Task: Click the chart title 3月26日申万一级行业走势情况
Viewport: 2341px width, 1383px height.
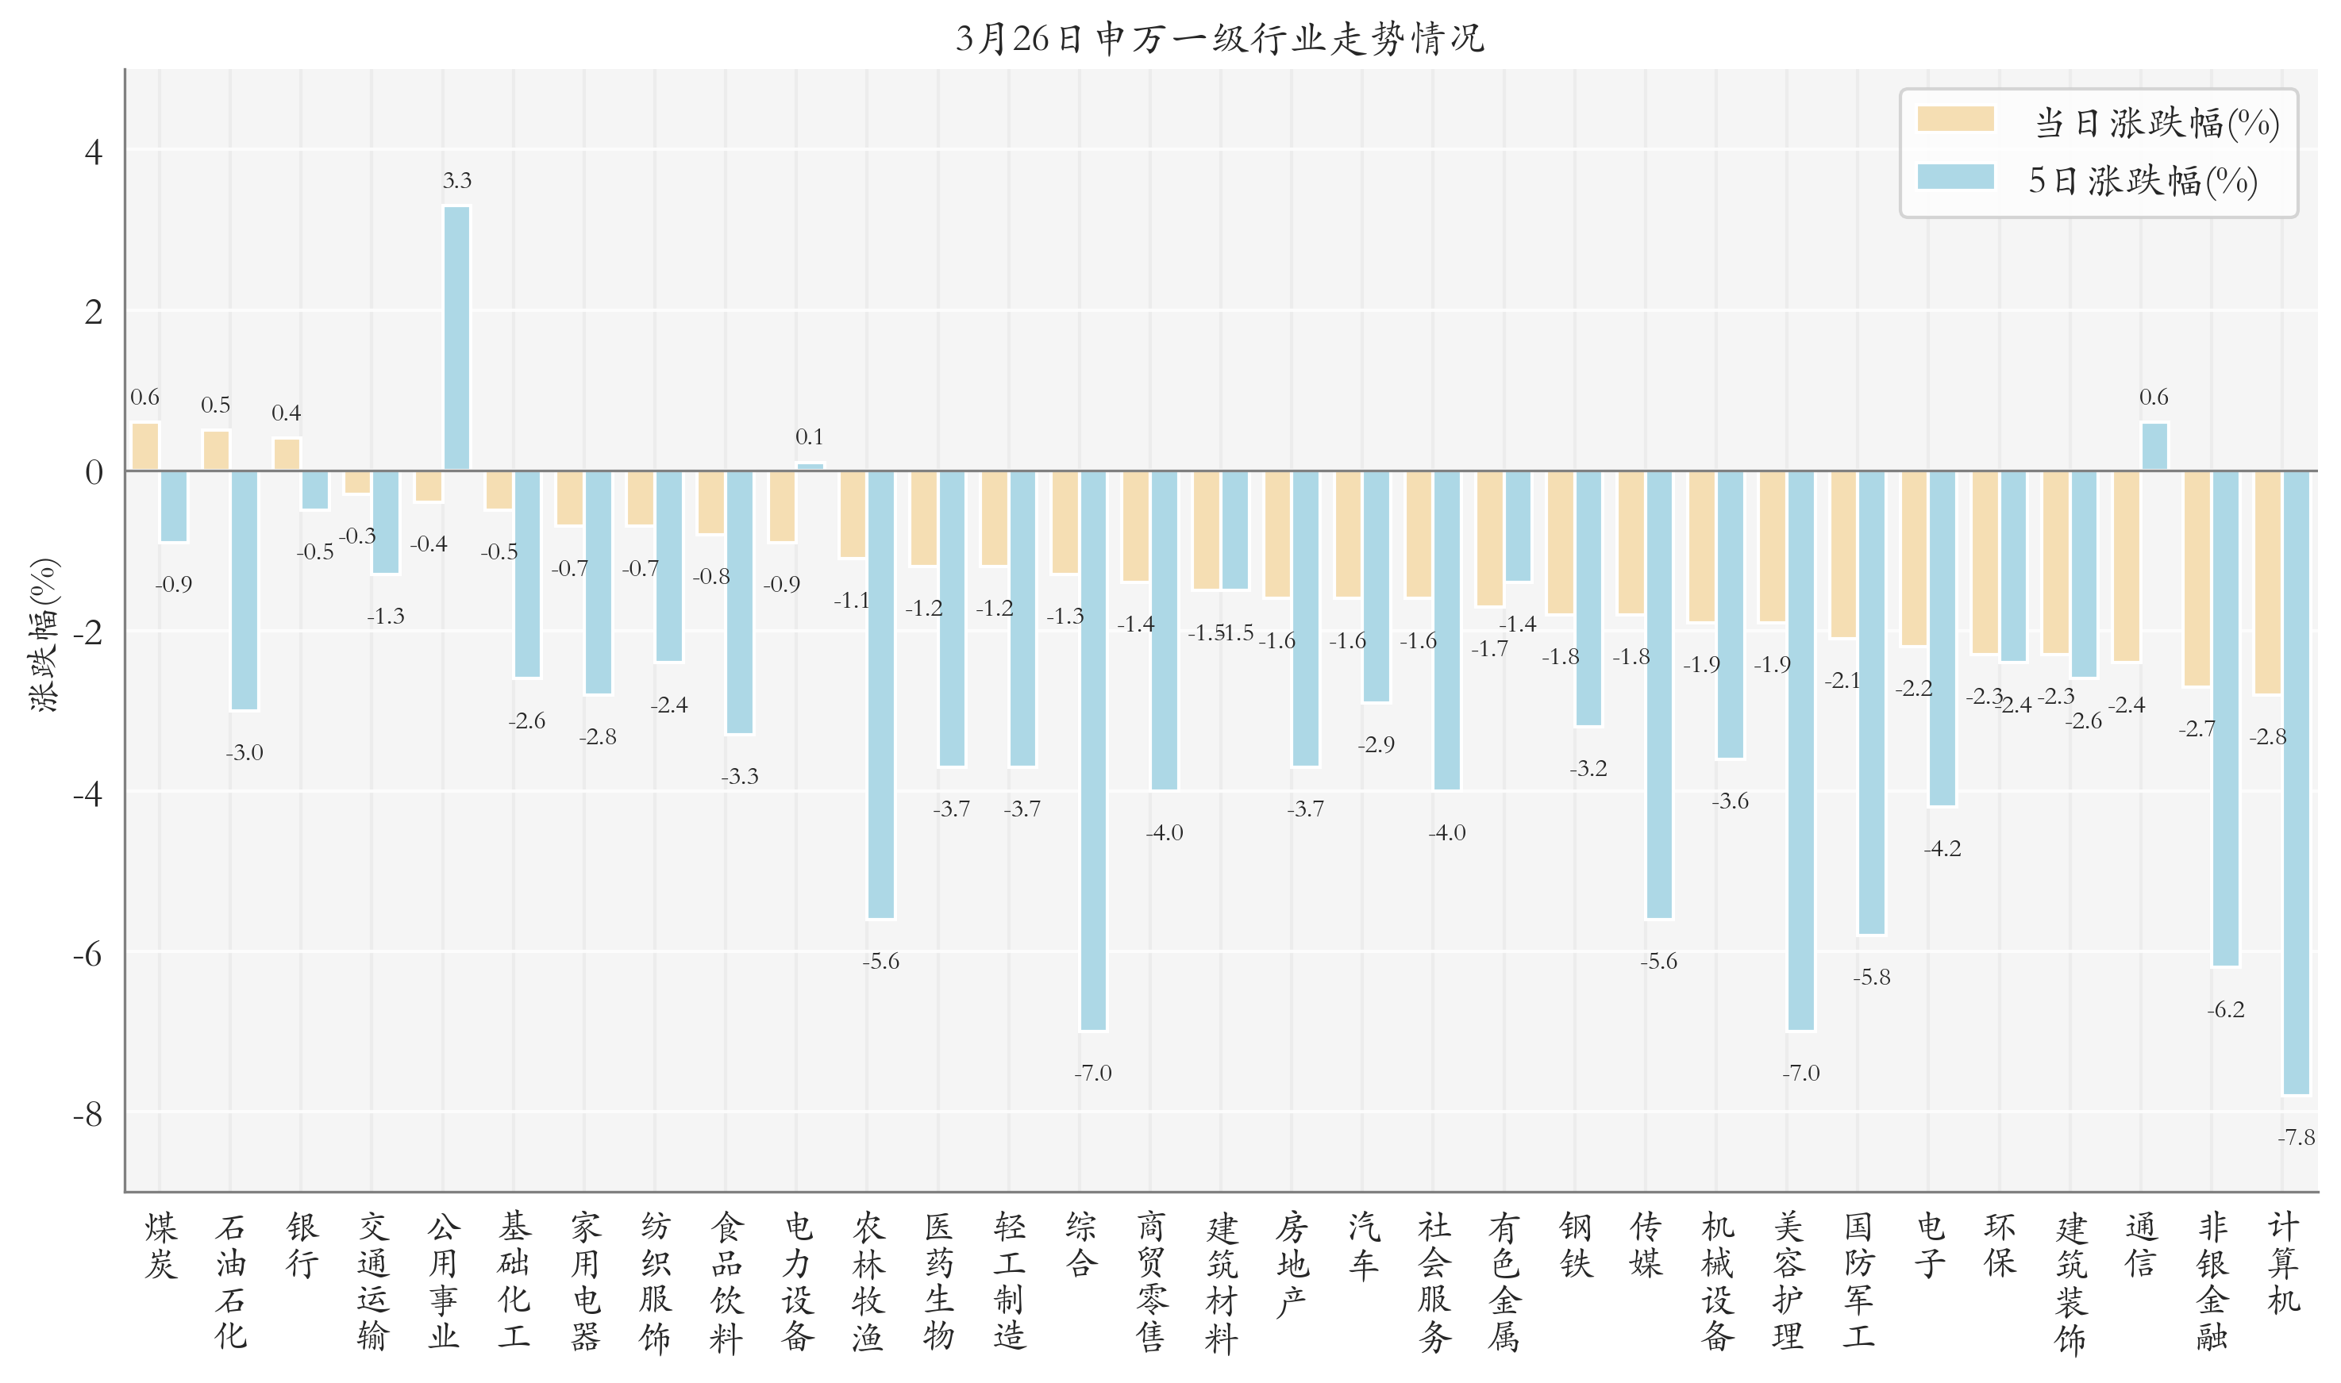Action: coord(1219,38)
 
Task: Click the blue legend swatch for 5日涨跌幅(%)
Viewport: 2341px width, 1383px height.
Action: coord(1955,177)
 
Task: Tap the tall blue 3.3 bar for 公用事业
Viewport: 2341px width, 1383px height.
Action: coord(456,337)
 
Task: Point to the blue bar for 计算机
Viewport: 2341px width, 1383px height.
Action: coord(2297,783)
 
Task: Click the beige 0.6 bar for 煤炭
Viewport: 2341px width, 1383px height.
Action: coord(145,447)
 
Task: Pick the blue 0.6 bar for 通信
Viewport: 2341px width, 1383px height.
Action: coord(2154,447)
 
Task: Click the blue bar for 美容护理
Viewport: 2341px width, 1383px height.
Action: coord(1800,750)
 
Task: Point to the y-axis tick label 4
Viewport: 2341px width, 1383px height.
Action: coord(93,151)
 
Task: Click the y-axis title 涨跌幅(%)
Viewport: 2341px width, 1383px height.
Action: coord(44,636)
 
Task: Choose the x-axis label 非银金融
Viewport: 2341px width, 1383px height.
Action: coord(2212,1281)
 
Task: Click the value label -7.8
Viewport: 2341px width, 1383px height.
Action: coord(2297,1137)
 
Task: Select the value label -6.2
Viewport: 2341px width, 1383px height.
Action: coord(2225,1009)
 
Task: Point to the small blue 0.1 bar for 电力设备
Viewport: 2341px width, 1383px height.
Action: coord(810,466)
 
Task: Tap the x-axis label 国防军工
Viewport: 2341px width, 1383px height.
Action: coord(1858,1281)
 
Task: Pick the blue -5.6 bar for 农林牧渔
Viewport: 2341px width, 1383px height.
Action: coord(881,694)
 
